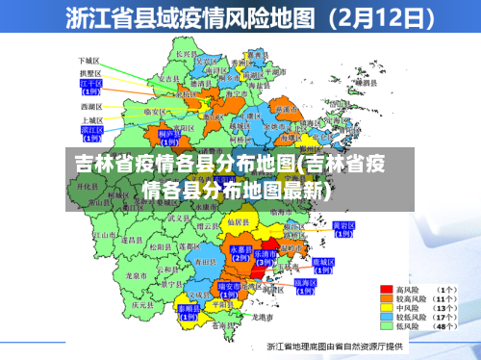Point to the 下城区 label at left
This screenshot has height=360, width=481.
coord(89,61)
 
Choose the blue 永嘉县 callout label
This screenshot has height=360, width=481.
coord(240,252)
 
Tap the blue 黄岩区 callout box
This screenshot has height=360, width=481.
coord(343,229)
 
